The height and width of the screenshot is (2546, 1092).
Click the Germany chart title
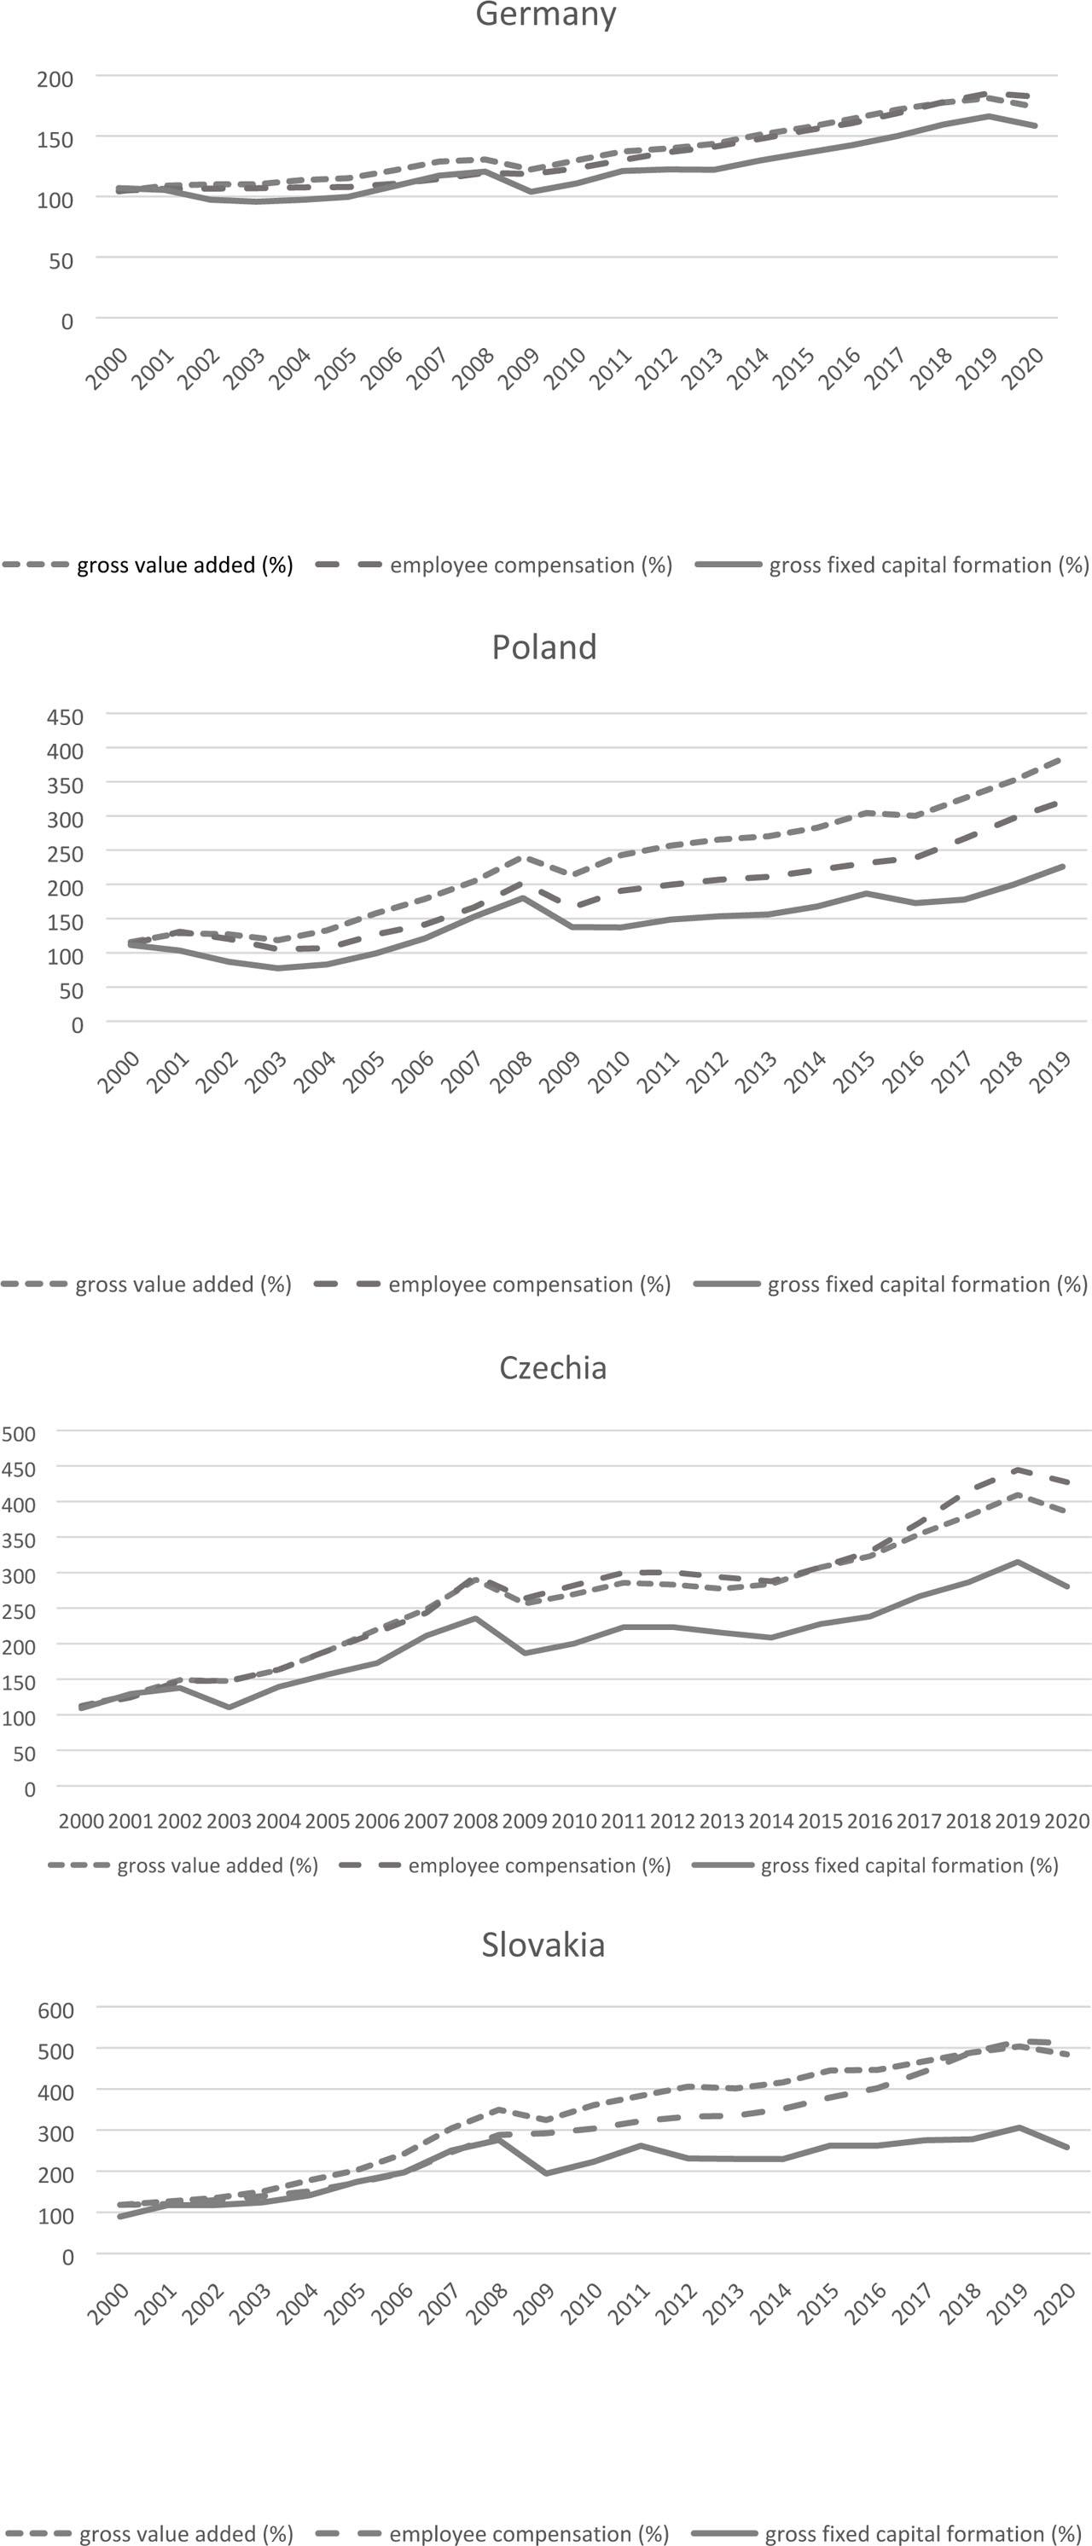(x=545, y=14)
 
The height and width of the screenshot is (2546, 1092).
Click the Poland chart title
(x=544, y=647)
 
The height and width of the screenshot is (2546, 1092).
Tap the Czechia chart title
(x=553, y=1368)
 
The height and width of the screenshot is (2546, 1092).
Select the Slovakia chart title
(x=543, y=1945)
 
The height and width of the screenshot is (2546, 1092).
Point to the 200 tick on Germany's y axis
(x=55, y=79)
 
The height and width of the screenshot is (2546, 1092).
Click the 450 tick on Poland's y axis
(x=65, y=716)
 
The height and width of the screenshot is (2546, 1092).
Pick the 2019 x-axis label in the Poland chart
(x=1049, y=1072)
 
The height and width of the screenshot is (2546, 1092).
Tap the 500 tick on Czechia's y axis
(x=19, y=1433)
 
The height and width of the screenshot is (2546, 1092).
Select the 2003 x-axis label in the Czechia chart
(x=229, y=1820)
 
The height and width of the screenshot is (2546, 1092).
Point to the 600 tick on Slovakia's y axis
(x=55, y=2010)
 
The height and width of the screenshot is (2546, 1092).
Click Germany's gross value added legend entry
(x=183, y=565)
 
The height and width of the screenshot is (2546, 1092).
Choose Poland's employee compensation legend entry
(x=529, y=1285)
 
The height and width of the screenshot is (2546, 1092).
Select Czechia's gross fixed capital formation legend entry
(x=909, y=1866)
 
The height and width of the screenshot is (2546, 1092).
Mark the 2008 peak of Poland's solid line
(x=523, y=897)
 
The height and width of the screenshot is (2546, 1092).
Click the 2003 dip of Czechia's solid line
(x=229, y=1707)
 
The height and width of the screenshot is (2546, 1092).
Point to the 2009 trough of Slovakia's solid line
(x=545, y=2173)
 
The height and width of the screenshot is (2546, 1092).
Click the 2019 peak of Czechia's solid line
(x=1018, y=1562)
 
